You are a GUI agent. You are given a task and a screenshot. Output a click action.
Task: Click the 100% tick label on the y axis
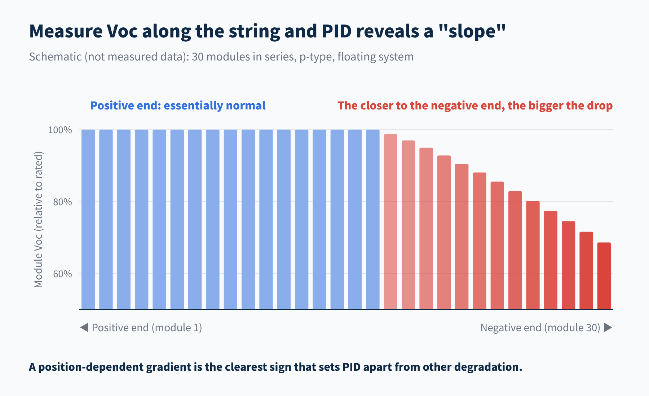(x=60, y=130)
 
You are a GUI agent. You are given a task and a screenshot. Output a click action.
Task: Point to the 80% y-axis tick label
(x=62, y=202)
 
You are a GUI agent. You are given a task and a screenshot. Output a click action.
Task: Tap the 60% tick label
(x=62, y=274)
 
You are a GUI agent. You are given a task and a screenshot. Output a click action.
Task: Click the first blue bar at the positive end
(x=88, y=219)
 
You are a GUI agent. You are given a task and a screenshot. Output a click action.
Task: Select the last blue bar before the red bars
(x=373, y=219)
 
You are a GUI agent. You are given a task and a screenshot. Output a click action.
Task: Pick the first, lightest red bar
(x=390, y=222)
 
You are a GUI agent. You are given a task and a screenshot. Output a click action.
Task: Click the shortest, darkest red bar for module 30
(x=604, y=276)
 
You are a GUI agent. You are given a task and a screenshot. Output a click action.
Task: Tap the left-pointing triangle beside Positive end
(x=84, y=327)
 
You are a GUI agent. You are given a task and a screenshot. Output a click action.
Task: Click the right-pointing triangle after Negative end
(x=608, y=327)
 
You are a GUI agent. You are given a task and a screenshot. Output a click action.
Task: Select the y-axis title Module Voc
(x=38, y=220)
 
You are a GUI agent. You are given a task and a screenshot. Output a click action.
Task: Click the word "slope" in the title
(x=472, y=31)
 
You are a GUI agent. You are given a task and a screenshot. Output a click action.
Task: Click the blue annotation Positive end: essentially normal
(x=178, y=105)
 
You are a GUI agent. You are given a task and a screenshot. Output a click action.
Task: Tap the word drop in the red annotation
(x=599, y=105)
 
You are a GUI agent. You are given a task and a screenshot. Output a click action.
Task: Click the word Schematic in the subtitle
(x=55, y=57)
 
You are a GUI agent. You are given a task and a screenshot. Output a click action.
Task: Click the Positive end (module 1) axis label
(x=147, y=328)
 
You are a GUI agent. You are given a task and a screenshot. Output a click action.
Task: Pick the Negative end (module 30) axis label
(x=540, y=328)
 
